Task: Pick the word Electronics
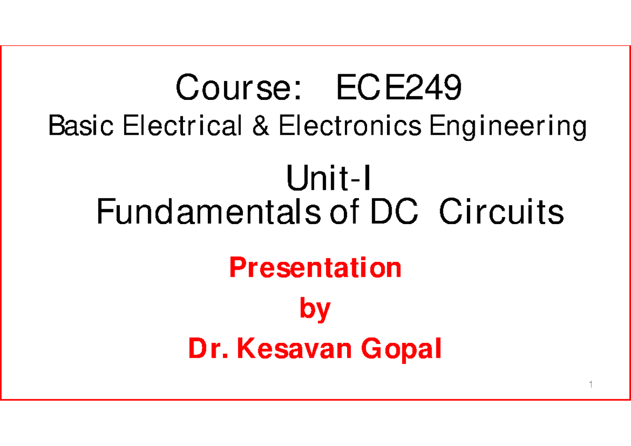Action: pos(350,127)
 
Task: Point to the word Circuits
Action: pos(501,213)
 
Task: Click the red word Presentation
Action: pos(315,268)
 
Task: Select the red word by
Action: pos(315,310)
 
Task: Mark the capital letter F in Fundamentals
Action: pos(104,213)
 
